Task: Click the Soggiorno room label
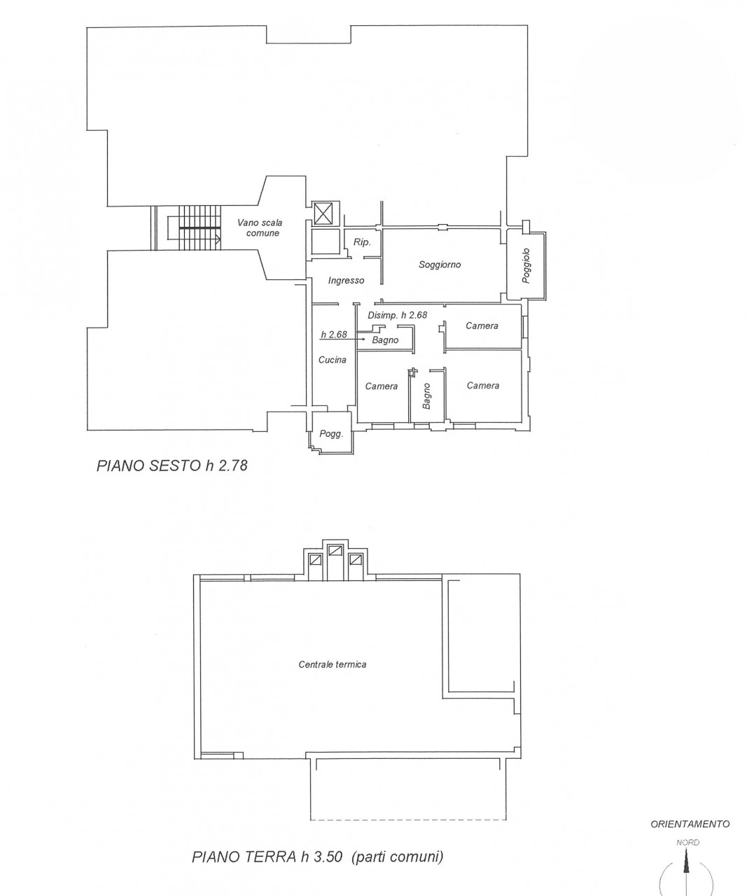[440, 265]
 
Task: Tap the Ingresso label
[346, 281]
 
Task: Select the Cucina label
[333, 360]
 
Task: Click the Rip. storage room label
[361, 242]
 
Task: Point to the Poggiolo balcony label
[526, 265]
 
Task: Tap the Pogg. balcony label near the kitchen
[331, 434]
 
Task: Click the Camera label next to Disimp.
[482, 326]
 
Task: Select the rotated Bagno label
[426, 396]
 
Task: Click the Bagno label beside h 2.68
[385, 340]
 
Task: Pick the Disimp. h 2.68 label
[397, 316]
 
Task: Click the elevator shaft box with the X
[325, 213]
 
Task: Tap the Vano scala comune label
[260, 228]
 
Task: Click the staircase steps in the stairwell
[200, 227]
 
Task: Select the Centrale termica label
[333, 665]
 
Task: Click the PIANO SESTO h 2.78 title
[172, 465]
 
